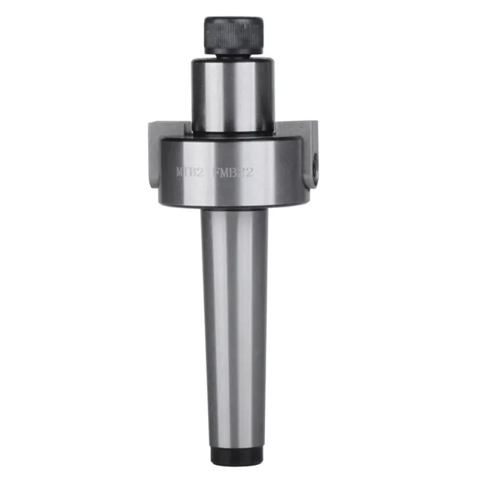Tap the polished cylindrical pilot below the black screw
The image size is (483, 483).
[233, 94]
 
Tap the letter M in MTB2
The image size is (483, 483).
[179, 171]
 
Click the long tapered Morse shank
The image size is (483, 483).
[233, 322]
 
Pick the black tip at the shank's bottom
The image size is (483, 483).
[233, 455]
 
